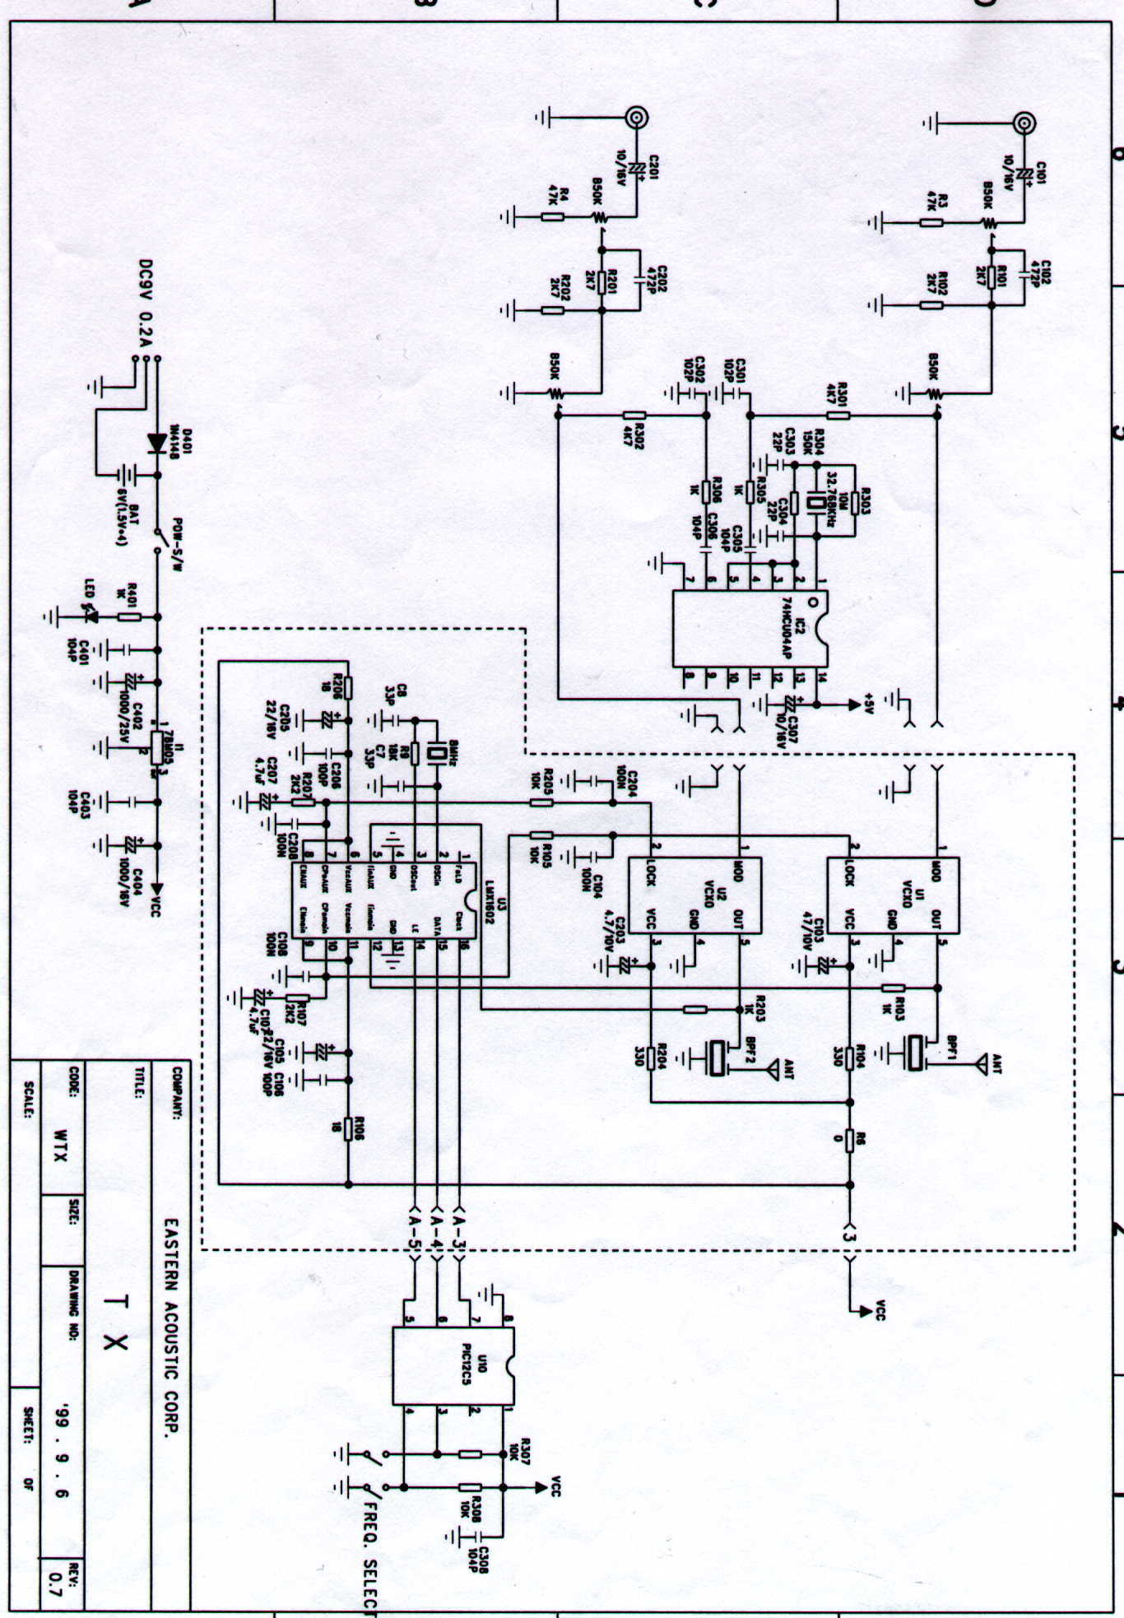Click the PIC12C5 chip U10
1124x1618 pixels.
453,1366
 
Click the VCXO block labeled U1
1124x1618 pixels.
892,895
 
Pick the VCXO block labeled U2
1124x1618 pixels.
694,895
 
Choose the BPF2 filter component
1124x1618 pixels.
718,1058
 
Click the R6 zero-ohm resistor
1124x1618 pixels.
851,1139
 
